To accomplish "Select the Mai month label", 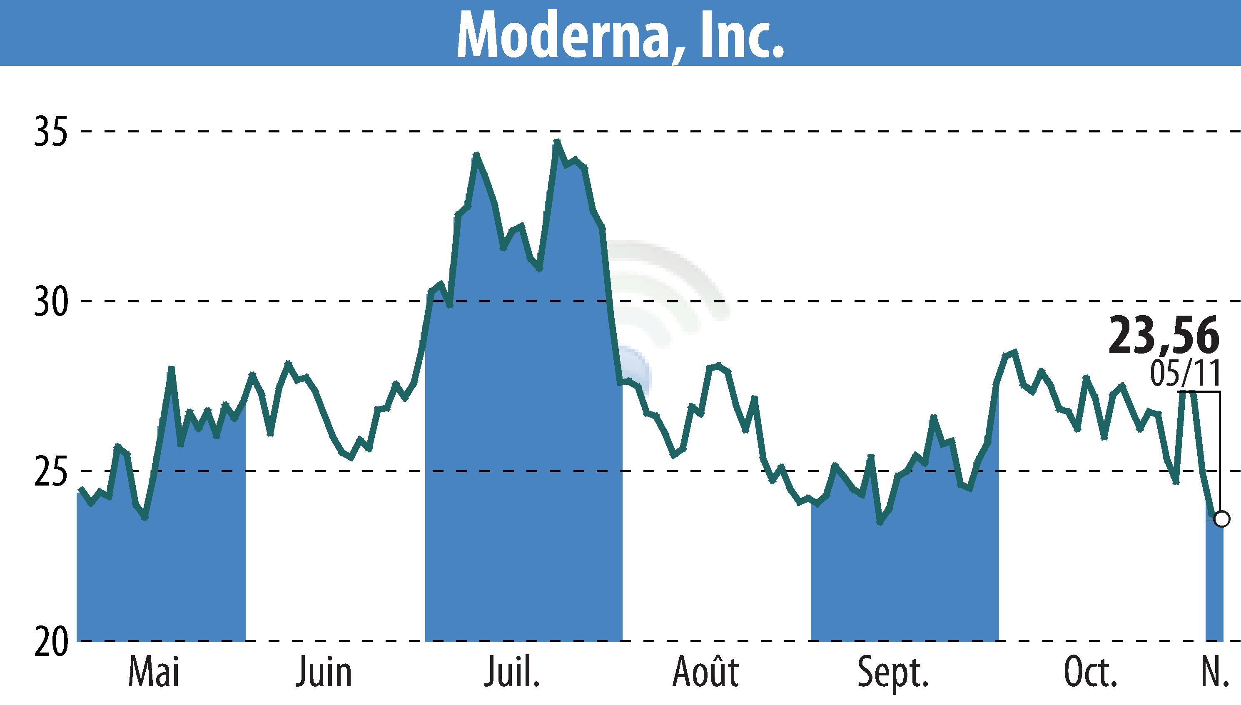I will [154, 672].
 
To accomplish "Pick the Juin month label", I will [324, 672].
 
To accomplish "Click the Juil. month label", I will [512, 672].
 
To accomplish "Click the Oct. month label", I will [1090, 672].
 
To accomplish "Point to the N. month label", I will [1215, 672].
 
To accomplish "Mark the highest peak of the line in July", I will [557, 142].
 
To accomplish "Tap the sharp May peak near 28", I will [171, 369].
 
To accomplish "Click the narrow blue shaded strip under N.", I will [1214, 581].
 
